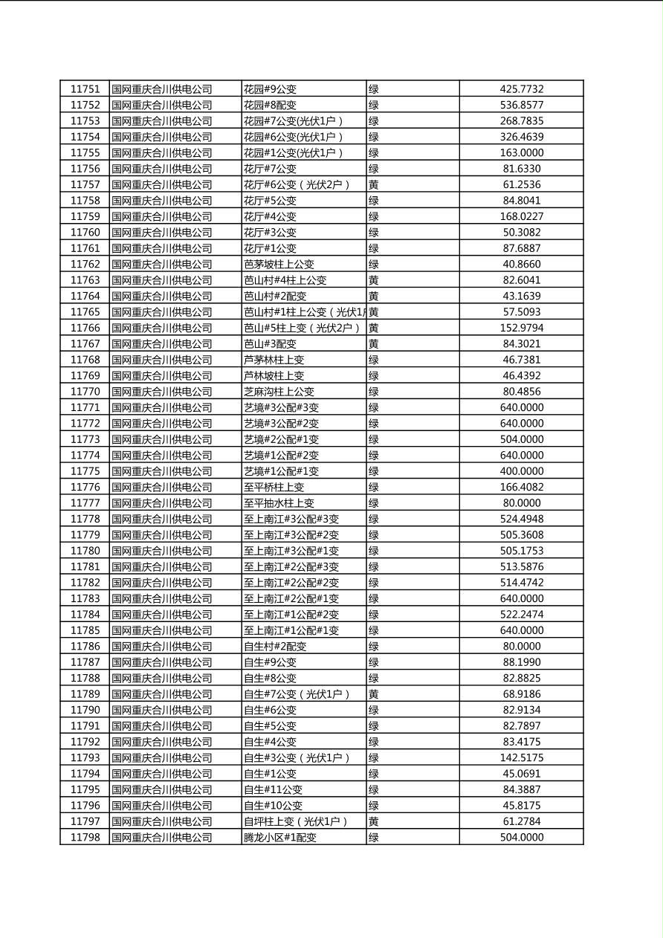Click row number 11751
85,89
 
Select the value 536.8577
521,105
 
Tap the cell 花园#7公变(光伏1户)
294,121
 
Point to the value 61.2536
521,184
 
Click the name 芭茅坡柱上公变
279,264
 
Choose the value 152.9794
521,328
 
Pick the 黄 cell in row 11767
374,343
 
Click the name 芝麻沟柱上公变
279,392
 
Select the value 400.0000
521,471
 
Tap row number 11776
85,487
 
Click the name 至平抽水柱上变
279,503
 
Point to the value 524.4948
521,519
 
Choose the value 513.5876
521,566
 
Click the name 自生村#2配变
275,647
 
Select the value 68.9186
521,694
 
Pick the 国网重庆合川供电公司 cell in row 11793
162,758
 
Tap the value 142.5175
521,758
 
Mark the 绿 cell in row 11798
374,838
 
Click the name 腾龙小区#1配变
280,838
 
